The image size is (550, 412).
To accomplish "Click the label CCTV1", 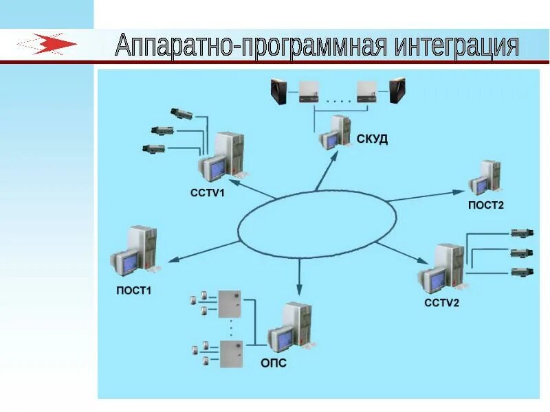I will [208, 193].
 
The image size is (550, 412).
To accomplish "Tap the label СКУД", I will [372, 139].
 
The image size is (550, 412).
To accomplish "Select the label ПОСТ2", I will [486, 205].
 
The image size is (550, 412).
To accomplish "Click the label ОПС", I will [274, 363].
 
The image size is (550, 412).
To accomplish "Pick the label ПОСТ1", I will [133, 290].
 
